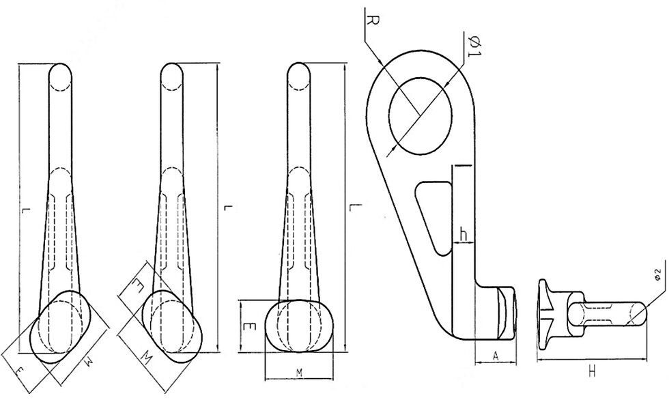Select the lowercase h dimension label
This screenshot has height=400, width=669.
tap(464, 234)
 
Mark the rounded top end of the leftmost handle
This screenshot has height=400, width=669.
tap(60, 74)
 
